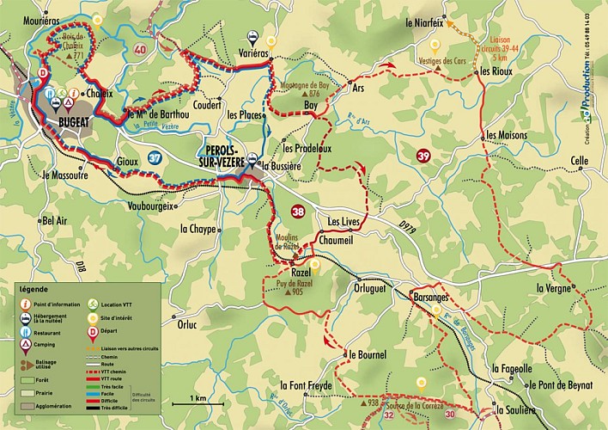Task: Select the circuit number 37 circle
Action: (155, 158)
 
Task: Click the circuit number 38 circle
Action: (298, 210)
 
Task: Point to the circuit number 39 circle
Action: (423, 156)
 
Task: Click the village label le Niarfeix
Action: (426, 23)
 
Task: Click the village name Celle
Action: (580, 161)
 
